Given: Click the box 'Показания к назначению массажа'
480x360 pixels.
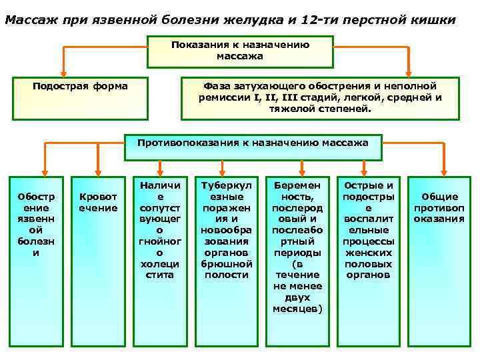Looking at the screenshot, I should coord(240,51).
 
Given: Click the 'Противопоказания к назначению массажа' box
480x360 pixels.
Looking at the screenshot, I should coord(253,146).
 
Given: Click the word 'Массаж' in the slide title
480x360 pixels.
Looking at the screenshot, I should coord(29,20).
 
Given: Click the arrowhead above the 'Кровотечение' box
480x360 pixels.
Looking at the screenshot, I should coord(98,169).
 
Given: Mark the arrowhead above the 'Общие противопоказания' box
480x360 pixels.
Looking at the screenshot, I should coord(441,169).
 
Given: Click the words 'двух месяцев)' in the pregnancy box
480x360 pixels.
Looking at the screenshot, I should coord(297,303).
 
